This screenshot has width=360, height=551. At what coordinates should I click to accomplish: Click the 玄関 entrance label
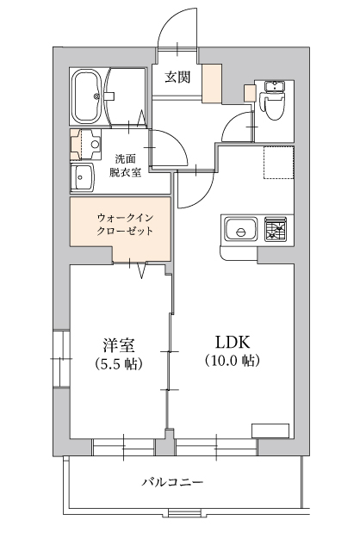pyautogui.click(x=178, y=77)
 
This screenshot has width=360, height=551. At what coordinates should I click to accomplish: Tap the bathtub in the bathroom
pyautogui.click(x=86, y=96)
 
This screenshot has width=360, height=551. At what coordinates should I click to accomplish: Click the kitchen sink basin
pyautogui.click(x=241, y=229)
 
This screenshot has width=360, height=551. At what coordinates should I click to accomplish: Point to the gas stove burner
pyautogui.click(x=276, y=228)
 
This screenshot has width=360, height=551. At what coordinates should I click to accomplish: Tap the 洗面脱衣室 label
pyautogui.click(x=126, y=166)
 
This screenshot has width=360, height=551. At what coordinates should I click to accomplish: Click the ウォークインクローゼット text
pyautogui.click(x=125, y=224)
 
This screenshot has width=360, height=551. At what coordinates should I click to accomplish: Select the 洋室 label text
pyautogui.click(x=119, y=345)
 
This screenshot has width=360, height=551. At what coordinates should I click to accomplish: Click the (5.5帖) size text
pyautogui.click(x=119, y=363)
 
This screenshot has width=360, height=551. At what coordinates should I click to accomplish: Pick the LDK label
pyautogui.click(x=232, y=342)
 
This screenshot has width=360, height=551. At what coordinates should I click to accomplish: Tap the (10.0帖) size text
pyautogui.click(x=232, y=360)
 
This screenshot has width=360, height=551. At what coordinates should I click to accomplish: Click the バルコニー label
pyautogui.click(x=172, y=481)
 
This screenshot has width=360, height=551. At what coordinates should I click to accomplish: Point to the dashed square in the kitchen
pyautogui.click(x=278, y=163)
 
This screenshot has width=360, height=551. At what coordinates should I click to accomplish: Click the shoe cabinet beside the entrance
pyautogui.click(x=212, y=84)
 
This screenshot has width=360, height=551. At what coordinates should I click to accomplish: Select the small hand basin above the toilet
pyautogui.click(x=275, y=86)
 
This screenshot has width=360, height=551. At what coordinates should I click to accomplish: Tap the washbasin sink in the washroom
pyautogui.click(x=83, y=177)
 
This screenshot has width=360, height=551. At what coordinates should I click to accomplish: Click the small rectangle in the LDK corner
pyautogui.click(x=270, y=430)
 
